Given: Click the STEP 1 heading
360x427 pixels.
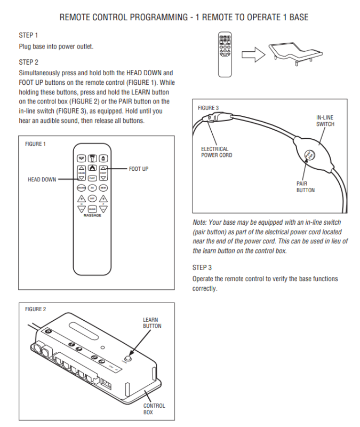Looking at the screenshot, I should tap(28, 35).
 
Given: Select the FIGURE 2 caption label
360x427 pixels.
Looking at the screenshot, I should tap(35, 309).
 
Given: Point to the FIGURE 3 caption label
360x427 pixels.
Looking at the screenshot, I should tap(208, 108).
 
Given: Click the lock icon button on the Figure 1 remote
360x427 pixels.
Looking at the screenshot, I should tap(103, 158).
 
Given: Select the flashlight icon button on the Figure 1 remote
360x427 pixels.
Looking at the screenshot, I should tap(92, 158).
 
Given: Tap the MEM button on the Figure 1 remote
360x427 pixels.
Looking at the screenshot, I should tap(103, 188).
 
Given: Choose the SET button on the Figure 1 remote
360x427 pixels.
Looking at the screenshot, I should tap(92, 198).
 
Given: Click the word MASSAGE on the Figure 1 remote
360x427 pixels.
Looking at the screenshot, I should tap(92, 215).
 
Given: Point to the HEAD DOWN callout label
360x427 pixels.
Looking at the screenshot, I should tap(42, 180).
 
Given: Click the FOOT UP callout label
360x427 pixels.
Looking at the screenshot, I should tap(139, 169).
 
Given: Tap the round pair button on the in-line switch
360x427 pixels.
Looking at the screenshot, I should tap(308, 155).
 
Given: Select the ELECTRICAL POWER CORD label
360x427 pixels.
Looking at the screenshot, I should tap(217, 152).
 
